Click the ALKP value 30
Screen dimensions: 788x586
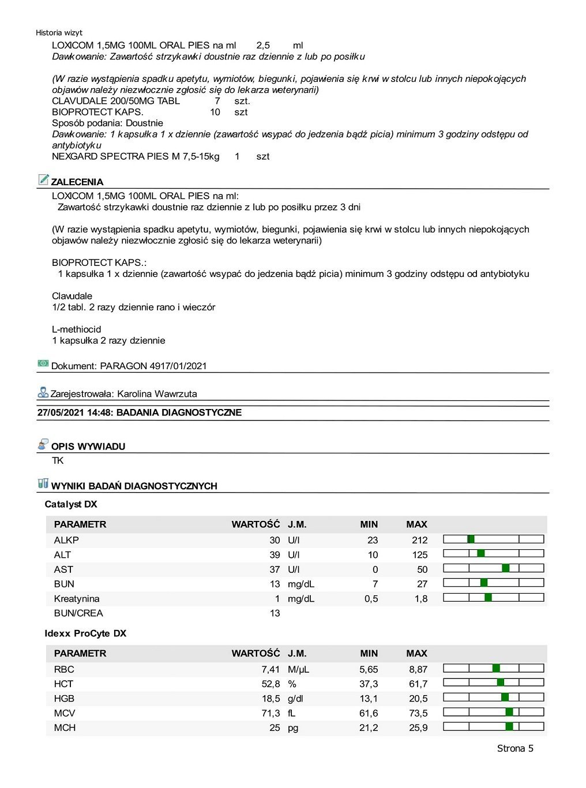coord(275,541)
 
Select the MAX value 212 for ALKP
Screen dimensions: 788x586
coord(419,541)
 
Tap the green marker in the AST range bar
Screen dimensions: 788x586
coord(506,568)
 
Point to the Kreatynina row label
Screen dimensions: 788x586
coord(77,599)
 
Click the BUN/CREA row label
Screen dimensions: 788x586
coord(78,613)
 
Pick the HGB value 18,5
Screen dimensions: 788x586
coord(271,699)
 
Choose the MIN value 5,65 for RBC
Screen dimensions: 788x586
coord(369,670)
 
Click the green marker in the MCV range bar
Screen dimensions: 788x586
coord(509,712)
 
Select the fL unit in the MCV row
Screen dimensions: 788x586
coord(292,714)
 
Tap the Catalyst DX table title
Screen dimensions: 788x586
coord(71,504)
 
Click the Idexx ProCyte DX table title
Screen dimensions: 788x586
coord(85,633)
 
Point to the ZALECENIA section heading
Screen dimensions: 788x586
coord(77,182)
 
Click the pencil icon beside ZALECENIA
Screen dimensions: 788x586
coord(43,179)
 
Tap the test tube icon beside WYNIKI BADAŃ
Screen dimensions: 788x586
coord(43,483)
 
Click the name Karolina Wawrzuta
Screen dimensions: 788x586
coord(157,394)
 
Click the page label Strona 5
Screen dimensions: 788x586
coord(515,749)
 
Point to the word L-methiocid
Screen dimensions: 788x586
coord(77,330)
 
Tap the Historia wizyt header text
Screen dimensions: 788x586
coord(59,33)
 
